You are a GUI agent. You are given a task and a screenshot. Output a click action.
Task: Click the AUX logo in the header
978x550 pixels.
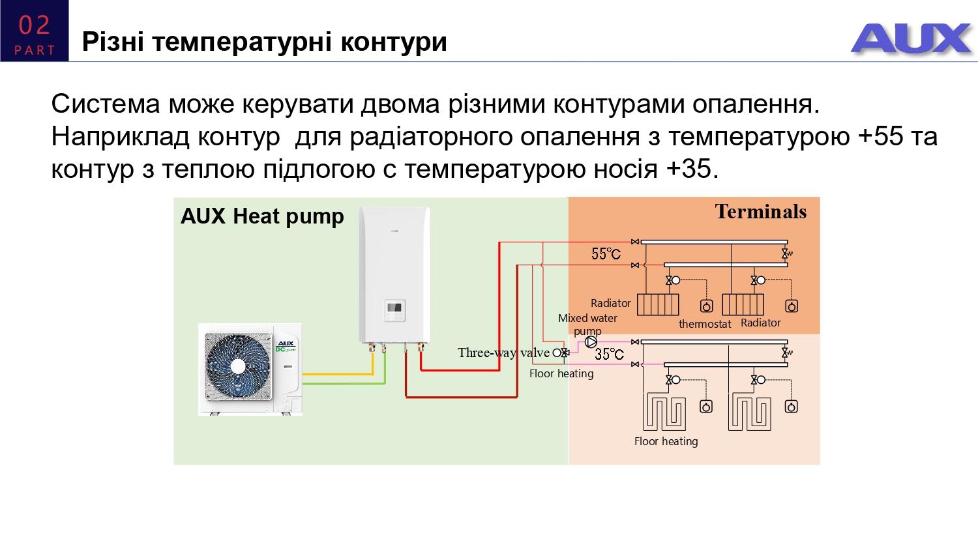911,38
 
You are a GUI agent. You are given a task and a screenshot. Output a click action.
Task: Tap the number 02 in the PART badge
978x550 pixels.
34,25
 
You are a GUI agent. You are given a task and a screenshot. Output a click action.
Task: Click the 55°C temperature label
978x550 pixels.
606,253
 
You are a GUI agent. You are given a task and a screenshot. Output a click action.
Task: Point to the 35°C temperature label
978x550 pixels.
609,354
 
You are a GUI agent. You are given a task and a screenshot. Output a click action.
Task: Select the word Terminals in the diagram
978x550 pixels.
760,212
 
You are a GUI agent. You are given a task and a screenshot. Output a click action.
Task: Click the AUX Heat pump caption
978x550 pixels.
262,216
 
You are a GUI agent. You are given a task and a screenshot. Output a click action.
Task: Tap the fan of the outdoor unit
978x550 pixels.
237,366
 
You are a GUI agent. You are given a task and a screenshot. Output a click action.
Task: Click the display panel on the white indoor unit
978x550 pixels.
394,308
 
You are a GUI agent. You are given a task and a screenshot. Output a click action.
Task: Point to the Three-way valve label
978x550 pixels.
503,353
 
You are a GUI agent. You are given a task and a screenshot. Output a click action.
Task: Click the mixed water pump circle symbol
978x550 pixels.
591,341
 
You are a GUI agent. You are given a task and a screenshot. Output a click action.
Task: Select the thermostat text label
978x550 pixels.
704,324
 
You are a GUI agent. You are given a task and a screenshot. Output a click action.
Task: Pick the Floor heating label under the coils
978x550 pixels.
666,441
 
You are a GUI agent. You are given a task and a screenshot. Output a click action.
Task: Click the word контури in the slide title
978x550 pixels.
393,42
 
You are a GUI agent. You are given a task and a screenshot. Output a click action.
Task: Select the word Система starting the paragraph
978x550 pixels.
106,104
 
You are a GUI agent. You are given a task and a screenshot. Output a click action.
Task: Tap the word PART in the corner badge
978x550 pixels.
35,50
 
